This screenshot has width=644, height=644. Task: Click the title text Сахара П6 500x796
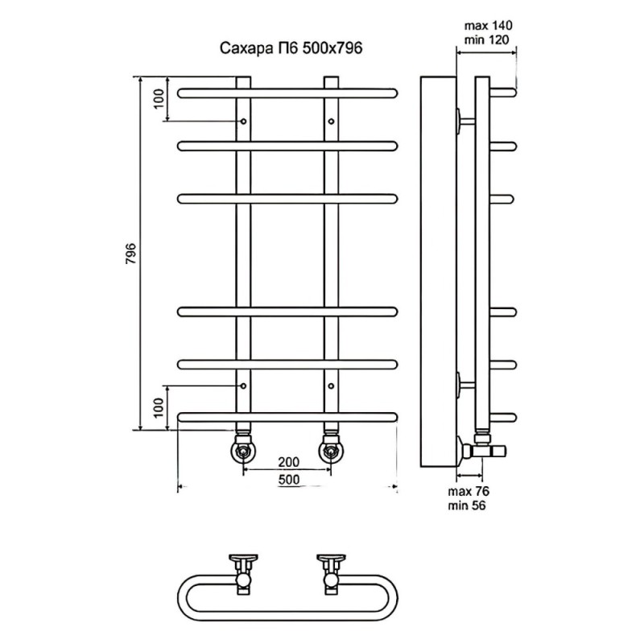click(291, 48)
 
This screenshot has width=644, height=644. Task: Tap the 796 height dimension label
click(131, 254)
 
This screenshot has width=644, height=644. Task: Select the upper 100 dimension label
click(159, 98)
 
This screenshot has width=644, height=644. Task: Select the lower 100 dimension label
click(159, 407)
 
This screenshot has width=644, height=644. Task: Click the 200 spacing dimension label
click(289, 462)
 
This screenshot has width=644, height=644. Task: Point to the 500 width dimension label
click(289, 479)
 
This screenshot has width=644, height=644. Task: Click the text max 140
click(489, 26)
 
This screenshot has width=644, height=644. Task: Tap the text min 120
click(487, 39)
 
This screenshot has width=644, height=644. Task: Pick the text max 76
click(469, 491)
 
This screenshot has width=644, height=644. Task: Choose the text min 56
click(467, 506)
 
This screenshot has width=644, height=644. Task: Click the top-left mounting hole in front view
click(244, 122)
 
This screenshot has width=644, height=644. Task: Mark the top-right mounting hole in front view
click(331, 122)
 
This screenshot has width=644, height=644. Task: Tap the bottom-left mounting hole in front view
click(244, 386)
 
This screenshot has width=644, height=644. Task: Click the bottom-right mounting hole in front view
click(331, 386)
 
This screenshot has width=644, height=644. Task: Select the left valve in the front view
click(244, 448)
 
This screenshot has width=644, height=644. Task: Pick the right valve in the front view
click(331, 448)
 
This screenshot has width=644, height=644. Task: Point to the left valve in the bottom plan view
click(244, 574)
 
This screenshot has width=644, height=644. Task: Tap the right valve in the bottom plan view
click(331, 574)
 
